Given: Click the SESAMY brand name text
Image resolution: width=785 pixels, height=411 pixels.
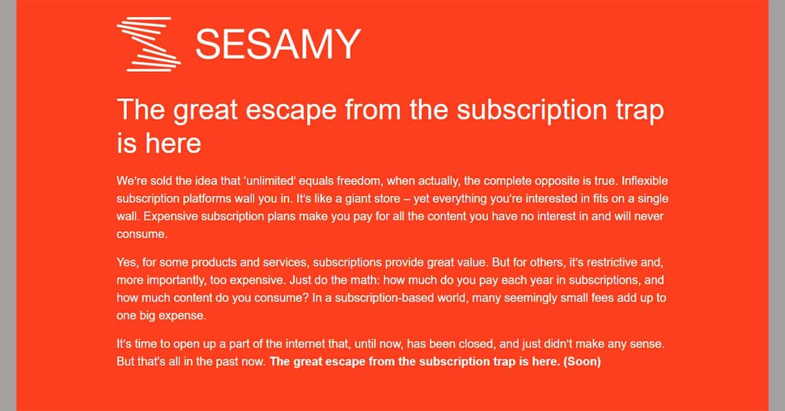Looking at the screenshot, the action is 278,45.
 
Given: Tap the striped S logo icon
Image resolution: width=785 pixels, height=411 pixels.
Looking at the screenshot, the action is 149,45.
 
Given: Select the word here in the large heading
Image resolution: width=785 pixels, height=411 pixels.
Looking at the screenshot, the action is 173,143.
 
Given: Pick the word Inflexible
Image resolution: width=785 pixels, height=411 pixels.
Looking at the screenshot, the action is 644,181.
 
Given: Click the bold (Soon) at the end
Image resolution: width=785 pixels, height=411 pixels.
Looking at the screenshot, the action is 582,361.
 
